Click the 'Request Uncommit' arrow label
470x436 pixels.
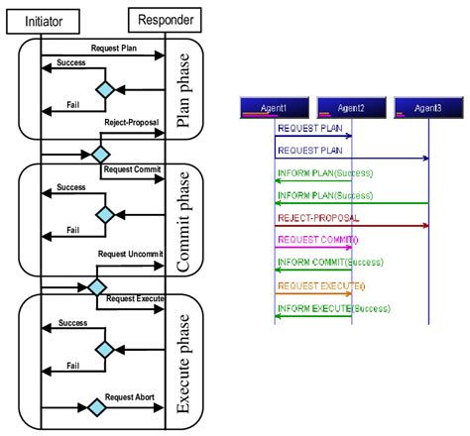click(x=131, y=255)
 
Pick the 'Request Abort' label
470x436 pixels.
click(x=131, y=396)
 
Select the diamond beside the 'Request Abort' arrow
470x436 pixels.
click(x=96, y=407)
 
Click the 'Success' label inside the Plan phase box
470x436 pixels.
click(x=69, y=61)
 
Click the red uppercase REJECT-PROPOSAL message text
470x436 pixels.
click(x=318, y=218)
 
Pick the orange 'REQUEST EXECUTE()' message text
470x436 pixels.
click(x=320, y=285)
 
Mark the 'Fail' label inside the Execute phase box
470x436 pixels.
click(x=72, y=365)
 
